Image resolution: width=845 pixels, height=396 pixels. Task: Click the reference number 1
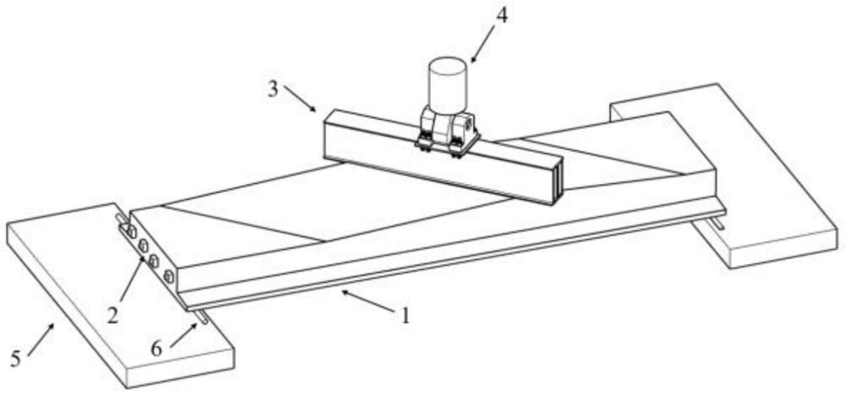pyautogui.click(x=405, y=316)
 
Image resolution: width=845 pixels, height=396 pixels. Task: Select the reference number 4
pyautogui.click(x=501, y=16)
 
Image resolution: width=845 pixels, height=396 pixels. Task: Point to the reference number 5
pyautogui.click(x=16, y=358)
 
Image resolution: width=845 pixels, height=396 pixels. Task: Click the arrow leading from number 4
pyautogui.click(x=484, y=43)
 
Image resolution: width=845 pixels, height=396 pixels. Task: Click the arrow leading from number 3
pyautogui.click(x=299, y=99)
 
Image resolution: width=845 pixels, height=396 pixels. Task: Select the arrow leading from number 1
pyautogui.click(x=368, y=301)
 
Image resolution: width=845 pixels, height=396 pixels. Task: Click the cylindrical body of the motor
pyautogui.click(x=447, y=81)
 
